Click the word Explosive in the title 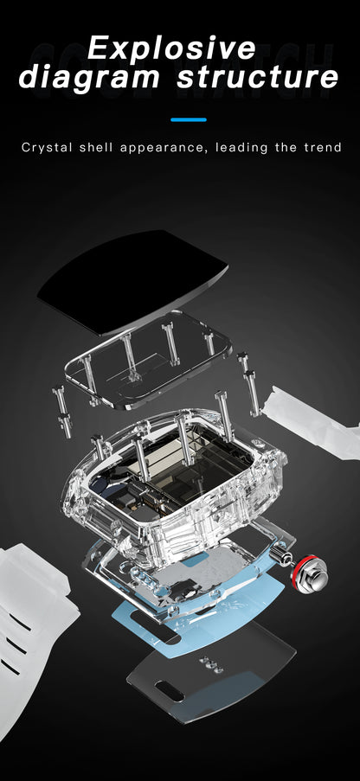[x=171, y=48]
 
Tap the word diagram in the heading [x=90, y=78]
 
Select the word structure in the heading [x=258, y=78]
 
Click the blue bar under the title [x=189, y=119]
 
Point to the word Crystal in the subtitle [x=48, y=148]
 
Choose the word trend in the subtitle [x=323, y=147]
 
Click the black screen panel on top [x=132, y=280]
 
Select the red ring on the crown [x=305, y=573]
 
